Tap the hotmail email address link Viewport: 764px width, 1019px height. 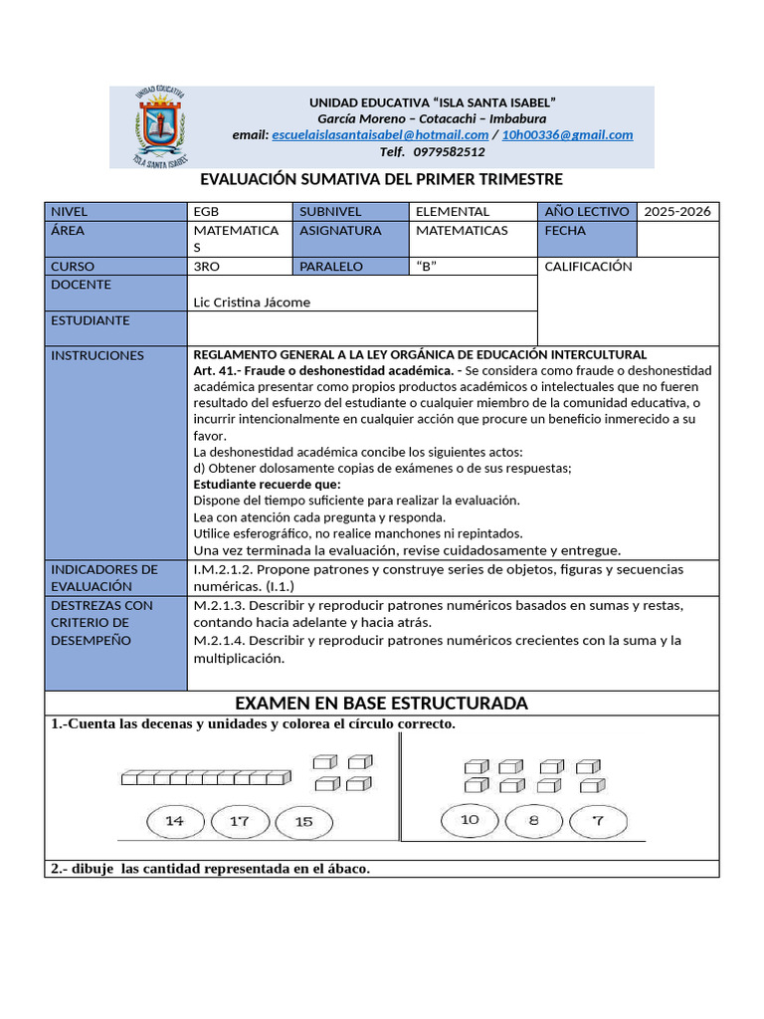click(380, 135)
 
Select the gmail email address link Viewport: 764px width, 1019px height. click(567, 135)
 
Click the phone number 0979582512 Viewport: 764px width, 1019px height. click(449, 152)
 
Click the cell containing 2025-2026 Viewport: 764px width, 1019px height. click(677, 212)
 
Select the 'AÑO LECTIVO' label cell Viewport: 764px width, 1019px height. click(587, 212)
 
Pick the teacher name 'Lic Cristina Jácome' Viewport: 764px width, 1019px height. click(252, 303)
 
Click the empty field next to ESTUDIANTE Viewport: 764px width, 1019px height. click(362, 328)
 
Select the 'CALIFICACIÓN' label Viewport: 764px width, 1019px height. click(589, 267)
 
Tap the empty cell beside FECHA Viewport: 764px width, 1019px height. click(677, 239)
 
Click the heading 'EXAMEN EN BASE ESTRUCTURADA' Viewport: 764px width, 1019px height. click(382, 704)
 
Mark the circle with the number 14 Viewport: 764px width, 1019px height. click(175, 821)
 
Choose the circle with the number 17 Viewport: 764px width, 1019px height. click(240, 822)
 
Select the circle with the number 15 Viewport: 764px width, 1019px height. click(303, 822)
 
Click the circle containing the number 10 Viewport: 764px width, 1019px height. click(470, 820)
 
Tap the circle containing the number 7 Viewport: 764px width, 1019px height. click(597, 821)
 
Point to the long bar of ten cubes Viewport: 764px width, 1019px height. click(206, 778)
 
